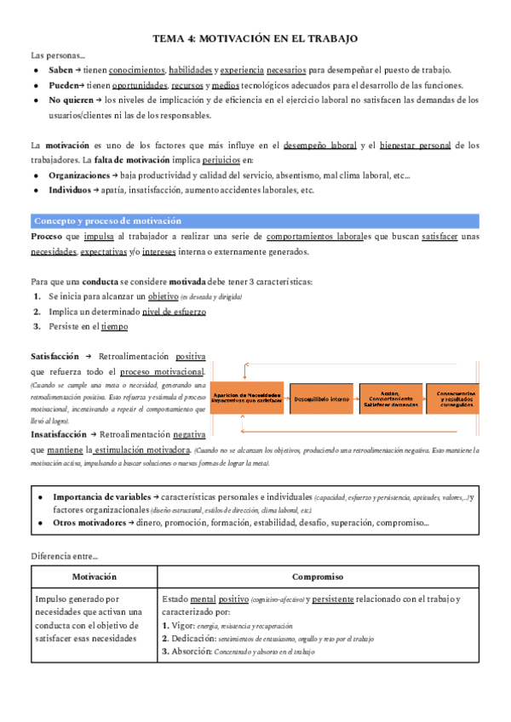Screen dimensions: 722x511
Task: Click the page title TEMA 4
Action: click(255, 39)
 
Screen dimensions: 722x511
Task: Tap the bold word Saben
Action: click(61, 70)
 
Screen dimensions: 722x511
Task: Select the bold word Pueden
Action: click(63, 85)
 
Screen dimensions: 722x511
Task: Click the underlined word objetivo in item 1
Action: click(163, 296)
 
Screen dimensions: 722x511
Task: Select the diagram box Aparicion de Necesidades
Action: click(248, 398)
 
